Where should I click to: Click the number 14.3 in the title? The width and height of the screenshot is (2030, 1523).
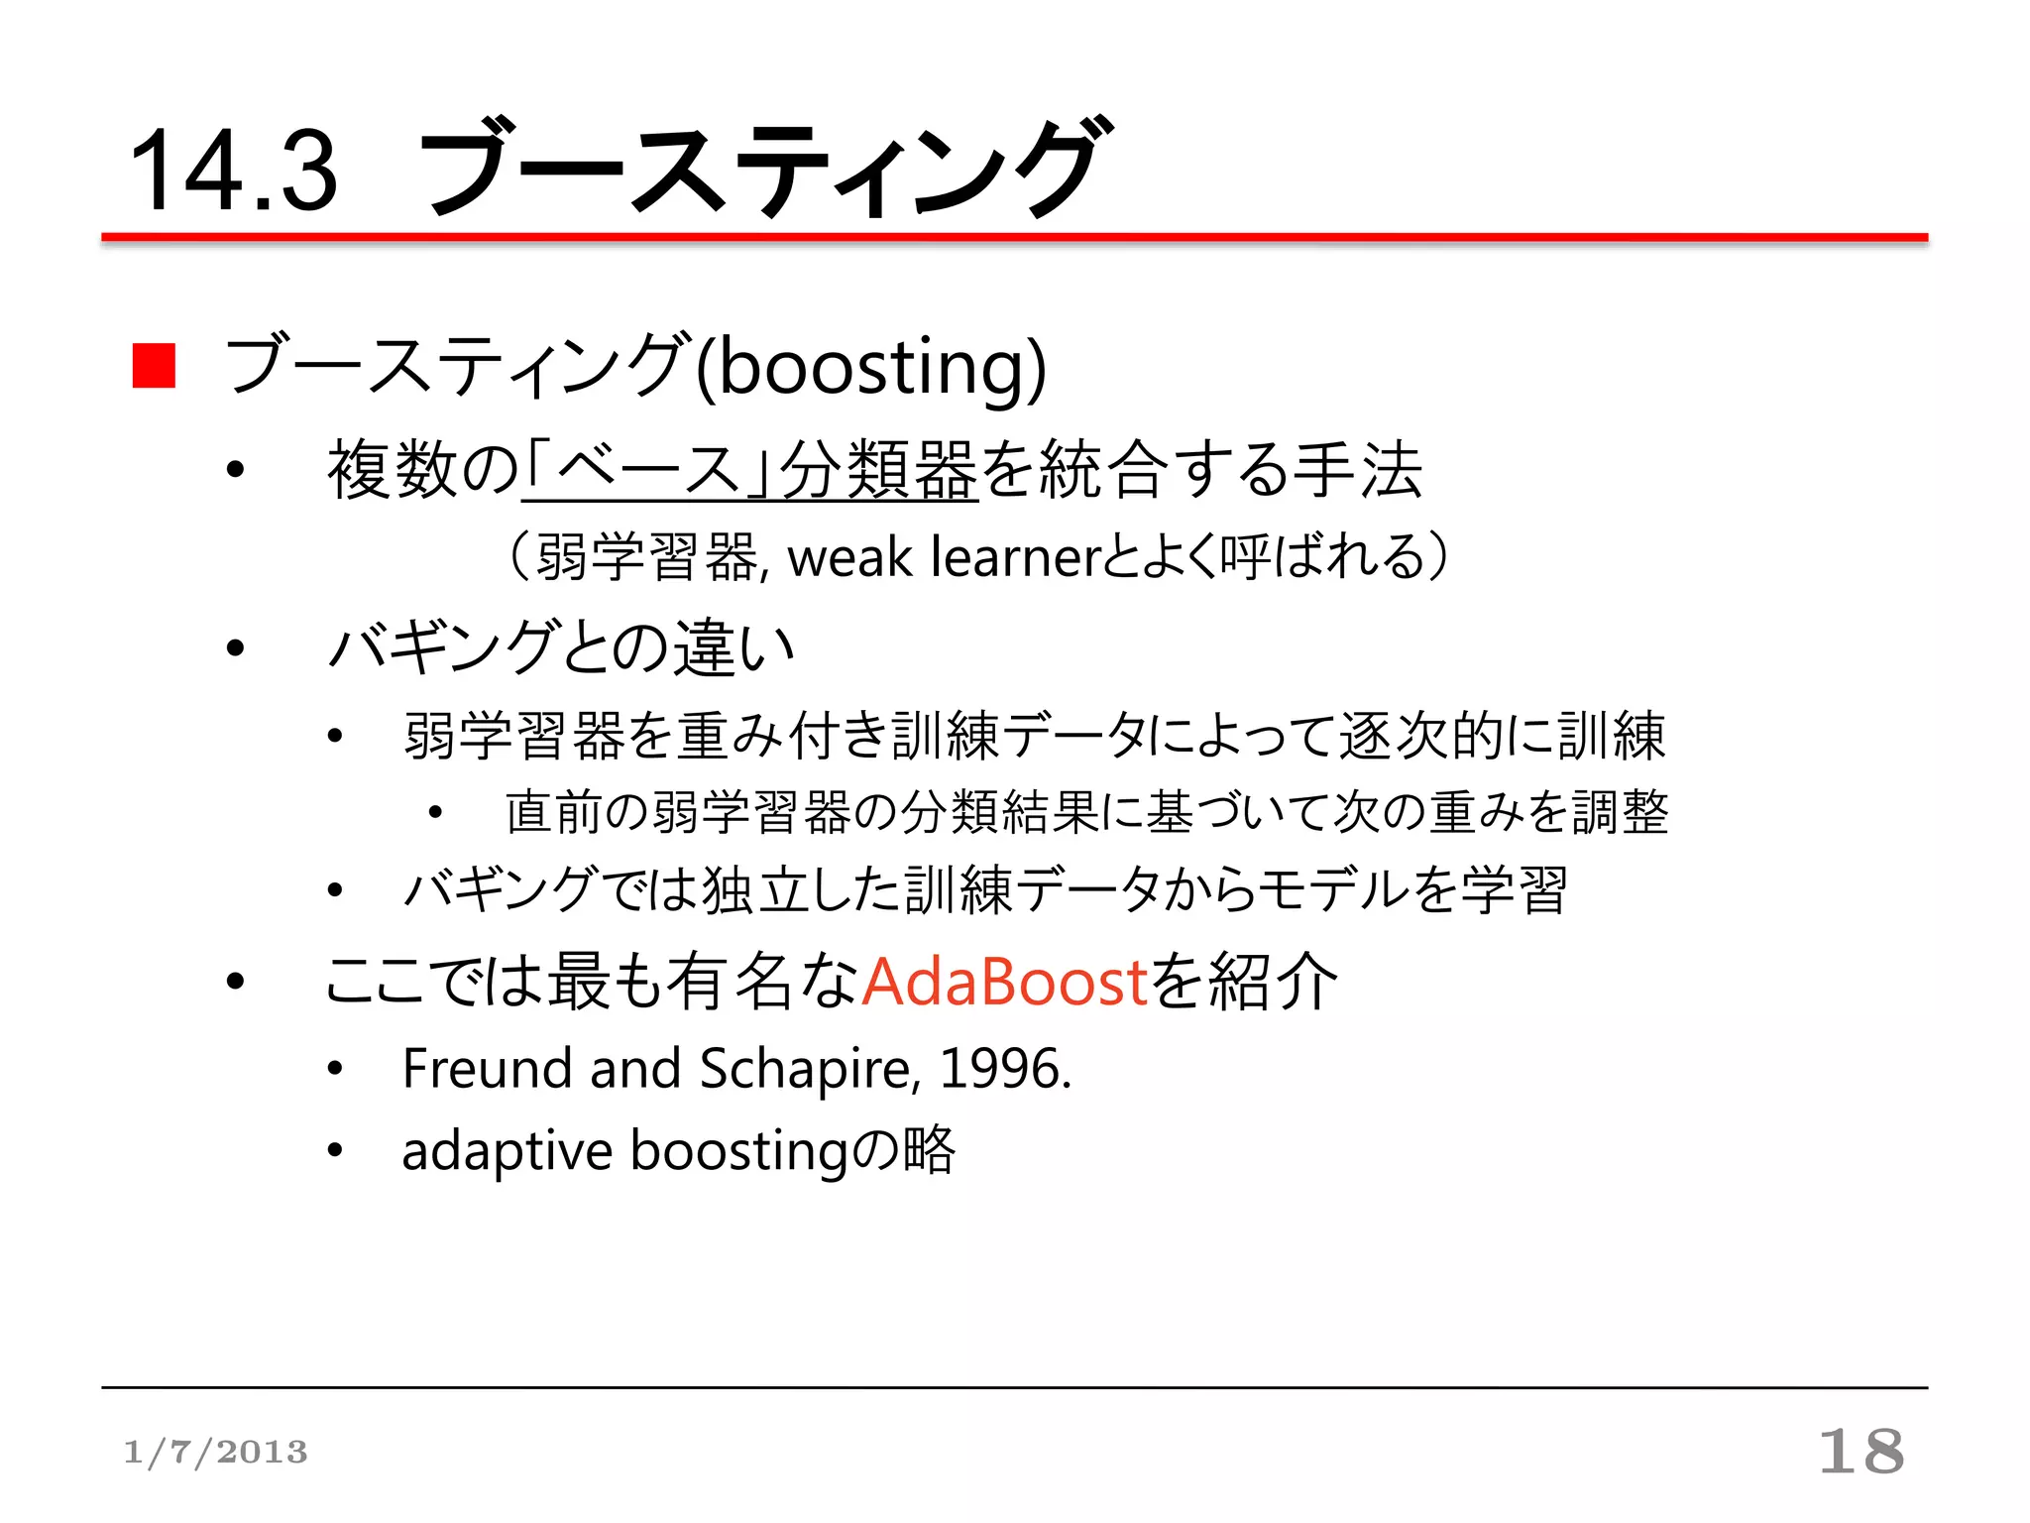click(234, 173)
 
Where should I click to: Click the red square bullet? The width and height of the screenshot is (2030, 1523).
click(154, 366)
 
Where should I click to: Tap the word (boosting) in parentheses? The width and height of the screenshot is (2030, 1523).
click(870, 366)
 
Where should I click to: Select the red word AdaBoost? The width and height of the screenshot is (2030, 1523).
click(1004, 982)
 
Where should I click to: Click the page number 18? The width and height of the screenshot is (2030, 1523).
click(1861, 1452)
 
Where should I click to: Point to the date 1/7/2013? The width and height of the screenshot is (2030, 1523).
click(215, 1453)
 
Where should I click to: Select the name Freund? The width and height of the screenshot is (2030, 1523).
click(486, 1069)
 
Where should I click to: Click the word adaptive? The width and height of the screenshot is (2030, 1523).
click(507, 1152)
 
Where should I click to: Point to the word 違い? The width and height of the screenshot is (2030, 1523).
click(734, 648)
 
